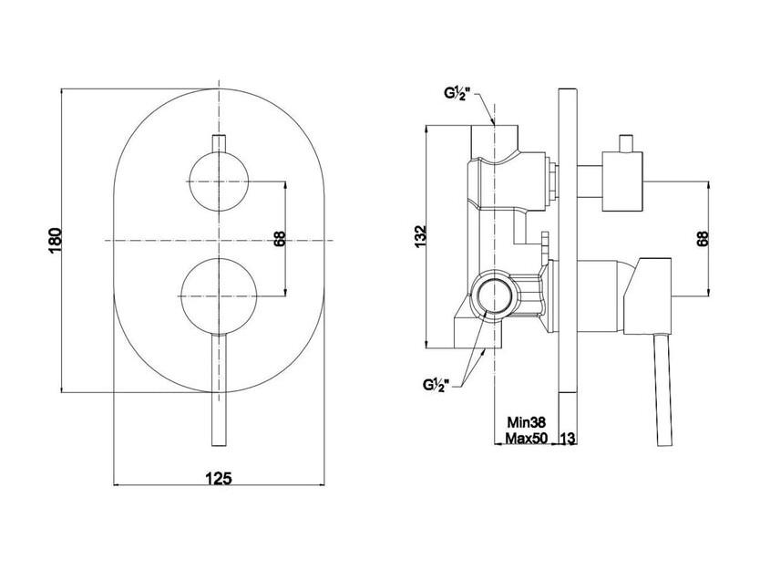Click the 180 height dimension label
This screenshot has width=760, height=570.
56,240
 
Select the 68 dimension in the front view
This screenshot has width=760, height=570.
280,239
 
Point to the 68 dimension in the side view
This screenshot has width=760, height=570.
703,239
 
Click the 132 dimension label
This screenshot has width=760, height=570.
420,236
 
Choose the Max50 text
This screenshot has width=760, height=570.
527,438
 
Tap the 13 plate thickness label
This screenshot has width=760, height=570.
568,438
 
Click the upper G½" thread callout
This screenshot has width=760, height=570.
458,94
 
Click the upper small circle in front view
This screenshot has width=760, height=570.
219,181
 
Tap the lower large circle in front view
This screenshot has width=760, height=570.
219,296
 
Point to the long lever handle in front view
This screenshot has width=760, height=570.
219,390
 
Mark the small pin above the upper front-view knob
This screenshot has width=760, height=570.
219,143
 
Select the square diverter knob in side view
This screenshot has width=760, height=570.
622,181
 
